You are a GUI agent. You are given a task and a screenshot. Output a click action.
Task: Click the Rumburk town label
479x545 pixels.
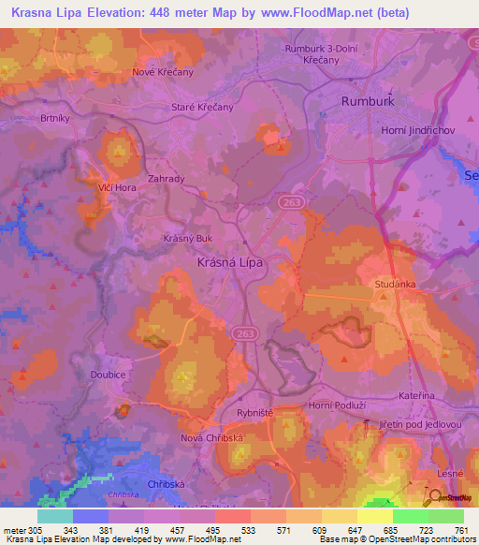[x=369, y=100]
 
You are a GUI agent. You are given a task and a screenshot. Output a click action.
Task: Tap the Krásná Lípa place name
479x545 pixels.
[x=230, y=263]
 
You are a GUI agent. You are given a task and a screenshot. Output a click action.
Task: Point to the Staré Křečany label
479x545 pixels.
[x=202, y=108]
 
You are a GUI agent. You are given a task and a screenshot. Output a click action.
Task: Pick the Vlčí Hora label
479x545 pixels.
[x=107, y=186]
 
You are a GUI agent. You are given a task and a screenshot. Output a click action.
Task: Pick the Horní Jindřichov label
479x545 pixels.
[x=416, y=130]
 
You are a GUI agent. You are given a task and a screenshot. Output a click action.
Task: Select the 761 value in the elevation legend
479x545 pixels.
[x=462, y=531]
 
